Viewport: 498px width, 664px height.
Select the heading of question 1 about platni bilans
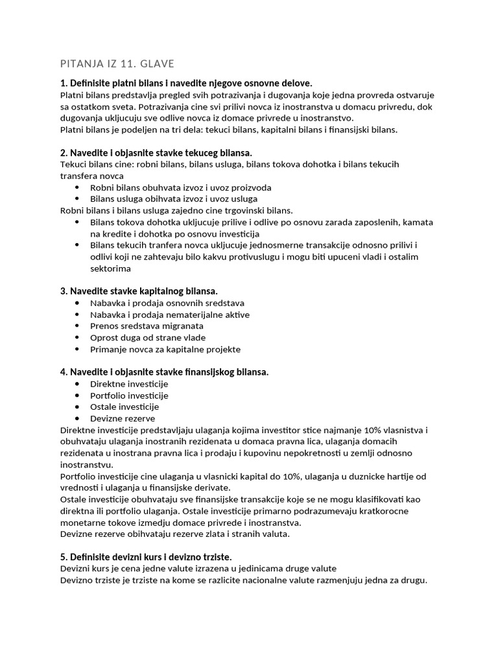pyautogui.click(x=186, y=83)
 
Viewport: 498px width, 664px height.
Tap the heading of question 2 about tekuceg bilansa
pyautogui.click(x=156, y=152)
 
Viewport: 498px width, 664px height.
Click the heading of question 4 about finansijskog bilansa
pyautogui.click(x=164, y=372)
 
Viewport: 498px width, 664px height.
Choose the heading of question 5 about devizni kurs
pyautogui.click(x=146, y=557)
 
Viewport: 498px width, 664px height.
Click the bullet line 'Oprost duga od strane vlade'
pyautogui.click(x=148, y=337)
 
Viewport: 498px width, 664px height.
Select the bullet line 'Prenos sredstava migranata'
pyautogui.click(x=147, y=326)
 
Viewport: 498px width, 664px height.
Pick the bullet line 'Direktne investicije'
pyautogui.click(x=129, y=384)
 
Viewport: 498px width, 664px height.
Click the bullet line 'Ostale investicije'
pyautogui.click(x=124, y=407)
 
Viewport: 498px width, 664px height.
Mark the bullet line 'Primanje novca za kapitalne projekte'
pyautogui.click(x=165, y=349)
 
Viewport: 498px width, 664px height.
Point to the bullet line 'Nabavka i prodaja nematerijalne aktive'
pyautogui.click(x=170, y=314)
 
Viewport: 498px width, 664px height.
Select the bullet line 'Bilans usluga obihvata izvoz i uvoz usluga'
pyautogui.click(x=174, y=199)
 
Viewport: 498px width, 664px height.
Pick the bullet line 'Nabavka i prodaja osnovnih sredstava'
pyautogui.click(x=167, y=303)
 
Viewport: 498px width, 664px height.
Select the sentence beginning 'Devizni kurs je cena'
pyautogui.click(x=198, y=569)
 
